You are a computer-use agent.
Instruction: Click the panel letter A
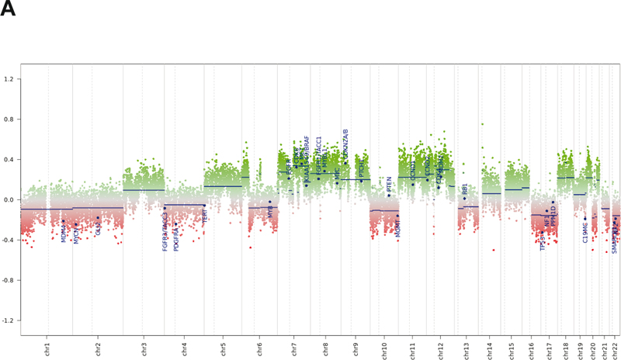pos(8,9)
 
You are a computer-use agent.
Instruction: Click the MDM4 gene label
pos(64,296)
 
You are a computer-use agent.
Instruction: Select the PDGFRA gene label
pos(176,303)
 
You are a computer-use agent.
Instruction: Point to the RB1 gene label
pos(465,189)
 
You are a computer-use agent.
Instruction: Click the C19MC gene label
pos(585,296)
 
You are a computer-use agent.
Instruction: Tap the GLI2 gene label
pos(99,292)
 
